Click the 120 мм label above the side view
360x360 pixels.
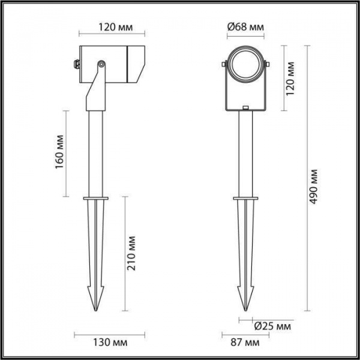coord(109,28)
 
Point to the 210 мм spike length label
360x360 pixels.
coord(133,254)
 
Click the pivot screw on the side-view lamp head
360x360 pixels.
coord(101,63)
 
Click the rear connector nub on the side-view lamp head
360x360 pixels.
coord(76,62)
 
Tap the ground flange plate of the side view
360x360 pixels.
coord(95,197)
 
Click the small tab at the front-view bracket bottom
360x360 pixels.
coord(246,109)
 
